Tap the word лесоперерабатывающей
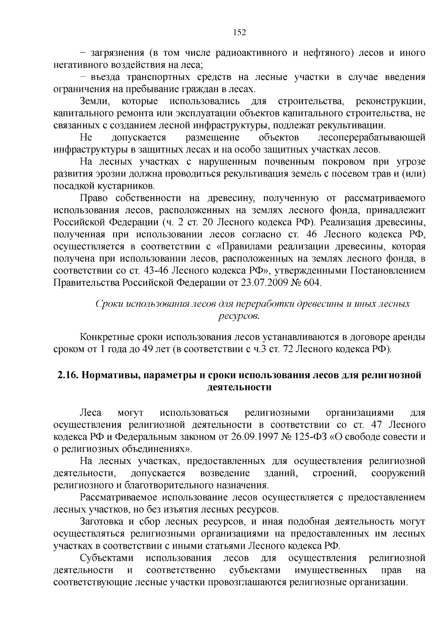coord(371,138)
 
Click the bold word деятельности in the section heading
coord(239,387)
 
